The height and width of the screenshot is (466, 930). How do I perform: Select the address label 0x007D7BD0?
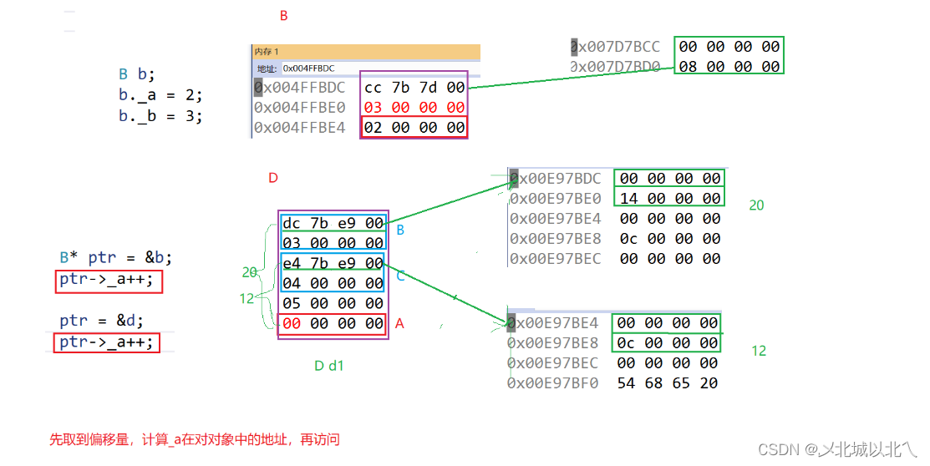pos(615,67)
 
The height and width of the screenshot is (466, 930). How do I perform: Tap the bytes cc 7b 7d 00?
pos(414,87)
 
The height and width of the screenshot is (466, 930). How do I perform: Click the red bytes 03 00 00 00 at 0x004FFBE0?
pos(414,107)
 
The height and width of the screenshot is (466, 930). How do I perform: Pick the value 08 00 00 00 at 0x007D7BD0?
pos(729,67)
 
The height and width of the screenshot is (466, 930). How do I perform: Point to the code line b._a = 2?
pos(160,95)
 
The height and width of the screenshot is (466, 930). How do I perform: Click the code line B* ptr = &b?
pos(118,258)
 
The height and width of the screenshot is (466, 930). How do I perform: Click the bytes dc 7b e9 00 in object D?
pos(333,224)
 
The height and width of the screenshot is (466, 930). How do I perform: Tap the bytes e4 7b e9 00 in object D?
pos(333,264)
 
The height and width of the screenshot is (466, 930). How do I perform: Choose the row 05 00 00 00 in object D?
pos(333,304)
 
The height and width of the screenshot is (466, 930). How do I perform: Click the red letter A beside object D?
pos(399,324)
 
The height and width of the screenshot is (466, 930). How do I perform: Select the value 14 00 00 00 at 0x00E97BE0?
pos(669,198)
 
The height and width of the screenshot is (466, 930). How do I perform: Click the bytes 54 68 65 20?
pos(668,383)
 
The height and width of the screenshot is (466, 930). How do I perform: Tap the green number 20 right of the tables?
pos(755,205)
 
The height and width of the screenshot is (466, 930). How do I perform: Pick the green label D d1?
pos(328,365)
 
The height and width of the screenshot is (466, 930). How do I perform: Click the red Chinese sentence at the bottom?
pos(194,439)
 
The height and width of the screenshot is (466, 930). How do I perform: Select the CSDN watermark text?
pos(836,448)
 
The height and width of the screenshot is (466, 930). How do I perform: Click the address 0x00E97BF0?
pos(552,383)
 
